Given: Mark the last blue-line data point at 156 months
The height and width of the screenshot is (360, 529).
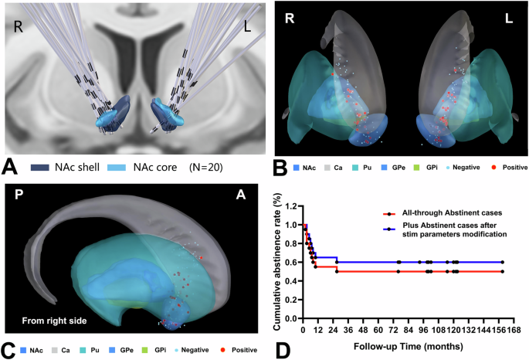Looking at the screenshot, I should pyautogui.click(x=502, y=262).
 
